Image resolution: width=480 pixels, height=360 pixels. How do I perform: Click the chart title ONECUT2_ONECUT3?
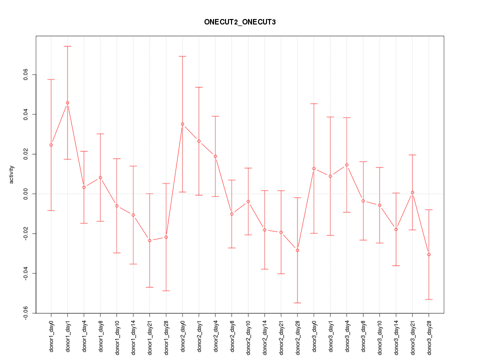pyautogui.click(x=239, y=22)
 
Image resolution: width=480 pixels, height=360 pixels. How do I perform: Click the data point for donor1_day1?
pyautogui.click(x=67, y=102)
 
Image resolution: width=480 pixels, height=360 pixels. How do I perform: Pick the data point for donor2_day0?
pyautogui.click(x=182, y=124)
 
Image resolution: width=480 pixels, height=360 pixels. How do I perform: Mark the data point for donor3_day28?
pyautogui.click(x=429, y=254)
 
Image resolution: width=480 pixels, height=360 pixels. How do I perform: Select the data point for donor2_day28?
pyautogui.click(x=297, y=250)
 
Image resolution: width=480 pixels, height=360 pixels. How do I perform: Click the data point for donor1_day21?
pyautogui.click(x=149, y=240)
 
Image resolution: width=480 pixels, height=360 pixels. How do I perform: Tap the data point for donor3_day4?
pyautogui.click(x=346, y=165)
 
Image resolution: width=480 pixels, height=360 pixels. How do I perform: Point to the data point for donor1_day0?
pyautogui.click(x=51, y=145)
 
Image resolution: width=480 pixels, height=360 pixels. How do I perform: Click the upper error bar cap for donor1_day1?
pyautogui.click(x=67, y=46)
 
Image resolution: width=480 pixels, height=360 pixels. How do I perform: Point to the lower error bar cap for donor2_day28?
pyautogui.click(x=297, y=303)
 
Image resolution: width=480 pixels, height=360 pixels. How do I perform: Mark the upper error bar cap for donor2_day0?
pyautogui.click(x=182, y=56)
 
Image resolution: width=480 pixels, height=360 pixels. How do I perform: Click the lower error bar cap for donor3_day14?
pyautogui.click(x=396, y=265)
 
